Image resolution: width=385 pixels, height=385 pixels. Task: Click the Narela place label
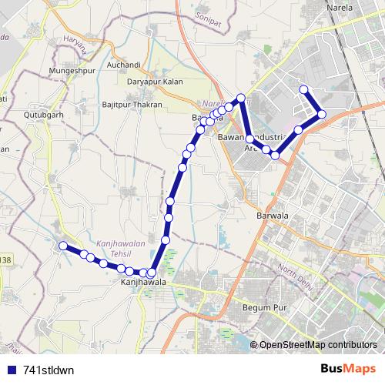(x=340, y=8)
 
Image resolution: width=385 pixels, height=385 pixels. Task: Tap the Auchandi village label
(x=124, y=65)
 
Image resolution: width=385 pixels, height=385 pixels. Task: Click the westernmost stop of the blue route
(x=63, y=246)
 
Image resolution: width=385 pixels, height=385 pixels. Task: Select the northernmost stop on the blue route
(x=303, y=89)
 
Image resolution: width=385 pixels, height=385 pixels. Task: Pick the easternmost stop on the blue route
(x=322, y=114)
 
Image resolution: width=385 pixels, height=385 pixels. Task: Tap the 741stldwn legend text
(x=49, y=369)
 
